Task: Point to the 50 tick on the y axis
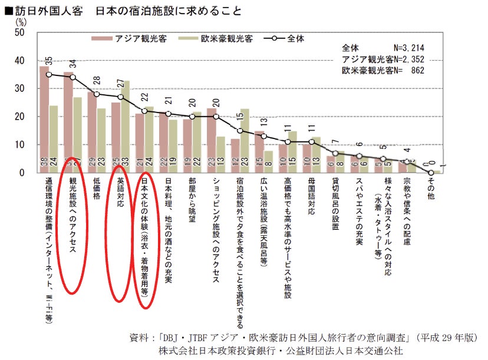(19, 32)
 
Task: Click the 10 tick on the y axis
(19, 145)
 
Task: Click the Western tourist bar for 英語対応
(126, 127)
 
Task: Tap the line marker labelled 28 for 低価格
(97, 94)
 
